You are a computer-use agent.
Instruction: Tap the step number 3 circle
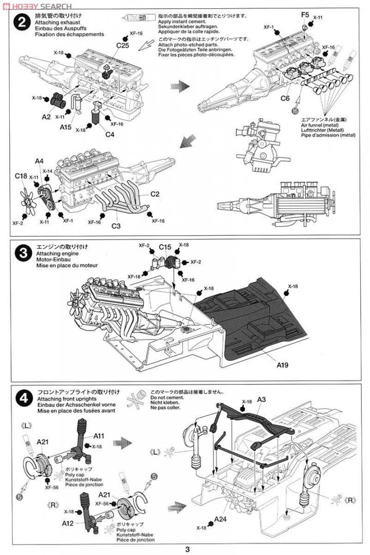21,253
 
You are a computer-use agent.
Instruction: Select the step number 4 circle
21,397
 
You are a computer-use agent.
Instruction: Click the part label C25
122,46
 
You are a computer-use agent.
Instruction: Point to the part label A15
65,127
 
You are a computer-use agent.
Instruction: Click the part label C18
21,176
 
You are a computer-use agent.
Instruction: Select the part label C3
116,226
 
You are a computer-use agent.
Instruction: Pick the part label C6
285,98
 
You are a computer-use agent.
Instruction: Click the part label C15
164,247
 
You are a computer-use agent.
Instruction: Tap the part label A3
261,399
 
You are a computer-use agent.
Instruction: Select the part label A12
68,523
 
